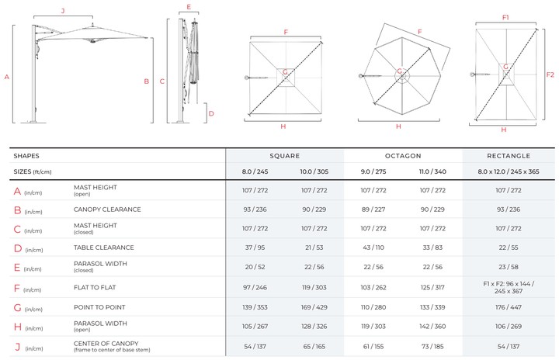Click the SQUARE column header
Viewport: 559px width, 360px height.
tap(284, 156)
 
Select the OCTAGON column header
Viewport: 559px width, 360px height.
tap(403, 156)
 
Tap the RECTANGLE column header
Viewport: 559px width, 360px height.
tap(509, 156)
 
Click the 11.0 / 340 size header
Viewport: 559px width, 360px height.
tap(432, 171)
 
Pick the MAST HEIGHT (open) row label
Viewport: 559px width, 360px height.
tap(95, 190)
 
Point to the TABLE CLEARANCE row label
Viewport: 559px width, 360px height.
tap(104, 247)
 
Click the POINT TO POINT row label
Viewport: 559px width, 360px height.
tap(99, 307)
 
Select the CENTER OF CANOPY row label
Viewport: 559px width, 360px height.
tap(112, 347)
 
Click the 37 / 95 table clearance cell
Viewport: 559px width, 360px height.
tap(255, 247)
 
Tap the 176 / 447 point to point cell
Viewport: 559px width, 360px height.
tap(509, 307)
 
